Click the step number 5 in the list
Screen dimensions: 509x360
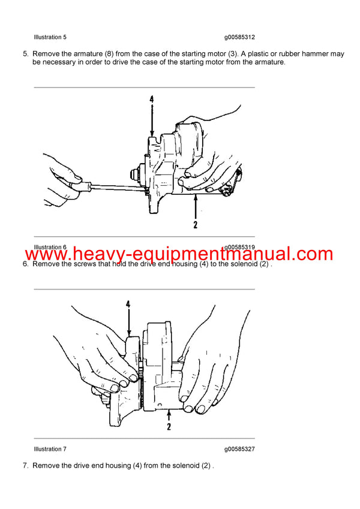pos(25,53)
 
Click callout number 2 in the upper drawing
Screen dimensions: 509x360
pos(195,225)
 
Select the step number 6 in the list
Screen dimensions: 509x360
pos(25,264)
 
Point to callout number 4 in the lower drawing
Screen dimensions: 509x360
pos(128,304)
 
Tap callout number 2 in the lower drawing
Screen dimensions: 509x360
pos(169,427)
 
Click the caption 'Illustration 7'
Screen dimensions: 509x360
pos(50,449)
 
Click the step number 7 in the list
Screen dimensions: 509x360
pos(25,465)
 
